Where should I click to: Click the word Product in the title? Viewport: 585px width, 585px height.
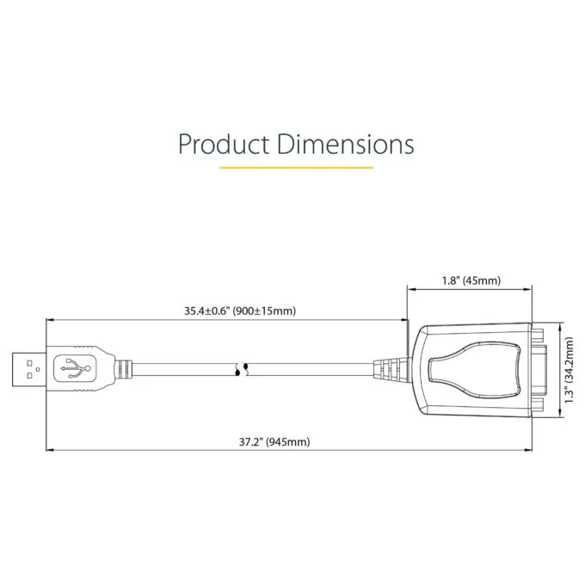(x=224, y=144)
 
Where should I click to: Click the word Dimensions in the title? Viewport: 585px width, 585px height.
(x=346, y=144)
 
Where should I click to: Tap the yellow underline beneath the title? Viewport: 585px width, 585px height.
(x=296, y=168)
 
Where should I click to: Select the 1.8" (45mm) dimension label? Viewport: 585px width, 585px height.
(x=471, y=280)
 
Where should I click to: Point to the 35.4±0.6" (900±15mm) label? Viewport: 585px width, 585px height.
(x=240, y=311)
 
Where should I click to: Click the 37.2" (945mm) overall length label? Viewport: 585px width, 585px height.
(x=274, y=442)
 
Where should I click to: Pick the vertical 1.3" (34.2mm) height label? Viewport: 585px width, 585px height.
(x=568, y=370)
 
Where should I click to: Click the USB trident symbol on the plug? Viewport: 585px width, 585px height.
(x=76, y=368)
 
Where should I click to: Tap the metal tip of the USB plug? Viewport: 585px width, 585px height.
(x=29, y=369)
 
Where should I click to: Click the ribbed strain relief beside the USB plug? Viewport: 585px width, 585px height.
(x=124, y=369)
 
